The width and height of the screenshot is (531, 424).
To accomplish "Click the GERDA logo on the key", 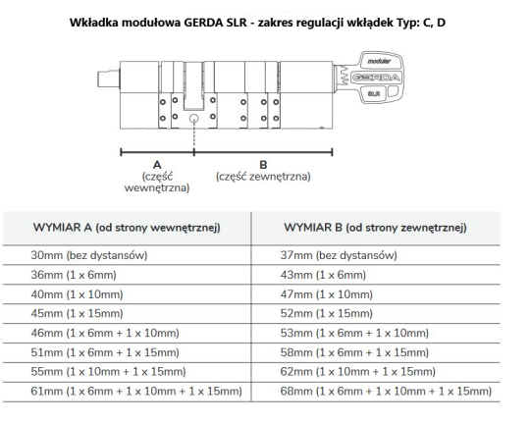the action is click(x=376, y=78).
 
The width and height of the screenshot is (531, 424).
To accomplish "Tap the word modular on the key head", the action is click(x=379, y=61).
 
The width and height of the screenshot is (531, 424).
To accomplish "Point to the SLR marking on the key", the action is click(x=374, y=93).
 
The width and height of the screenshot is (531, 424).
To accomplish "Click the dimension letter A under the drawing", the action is click(x=157, y=165).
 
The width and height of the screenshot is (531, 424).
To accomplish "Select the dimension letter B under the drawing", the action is click(x=263, y=165).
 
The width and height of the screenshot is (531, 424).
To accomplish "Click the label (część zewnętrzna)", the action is click(x=263, y=177).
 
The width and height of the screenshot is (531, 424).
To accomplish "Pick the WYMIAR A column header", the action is click(x=127, y=228).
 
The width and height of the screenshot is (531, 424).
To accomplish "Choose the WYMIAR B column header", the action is click(x=375, y=228).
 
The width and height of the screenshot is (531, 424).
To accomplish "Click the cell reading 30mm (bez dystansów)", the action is click(x=89, y=255).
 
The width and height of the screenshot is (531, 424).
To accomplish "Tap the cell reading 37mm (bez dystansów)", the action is click(x=339, y=255).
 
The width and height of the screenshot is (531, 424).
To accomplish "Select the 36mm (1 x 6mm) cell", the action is click(x=74, y=275).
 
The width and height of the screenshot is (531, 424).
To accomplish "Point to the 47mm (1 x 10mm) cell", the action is click(x=327, y=294).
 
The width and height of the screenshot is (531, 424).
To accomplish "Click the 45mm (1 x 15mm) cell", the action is click(x=77, y=313).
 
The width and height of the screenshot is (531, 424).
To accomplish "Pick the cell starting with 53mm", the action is click(x=354, y=333).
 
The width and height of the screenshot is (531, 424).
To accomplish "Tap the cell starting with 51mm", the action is click(x=105, y=352).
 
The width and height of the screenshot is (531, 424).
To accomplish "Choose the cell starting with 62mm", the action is click(x=358, y=372).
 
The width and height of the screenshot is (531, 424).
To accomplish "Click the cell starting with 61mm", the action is click(x=136, y=392).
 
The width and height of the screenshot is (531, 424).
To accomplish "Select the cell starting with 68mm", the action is click(x=386, y=392).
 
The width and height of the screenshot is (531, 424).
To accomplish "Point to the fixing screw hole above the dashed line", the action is click(x=193, y=118).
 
